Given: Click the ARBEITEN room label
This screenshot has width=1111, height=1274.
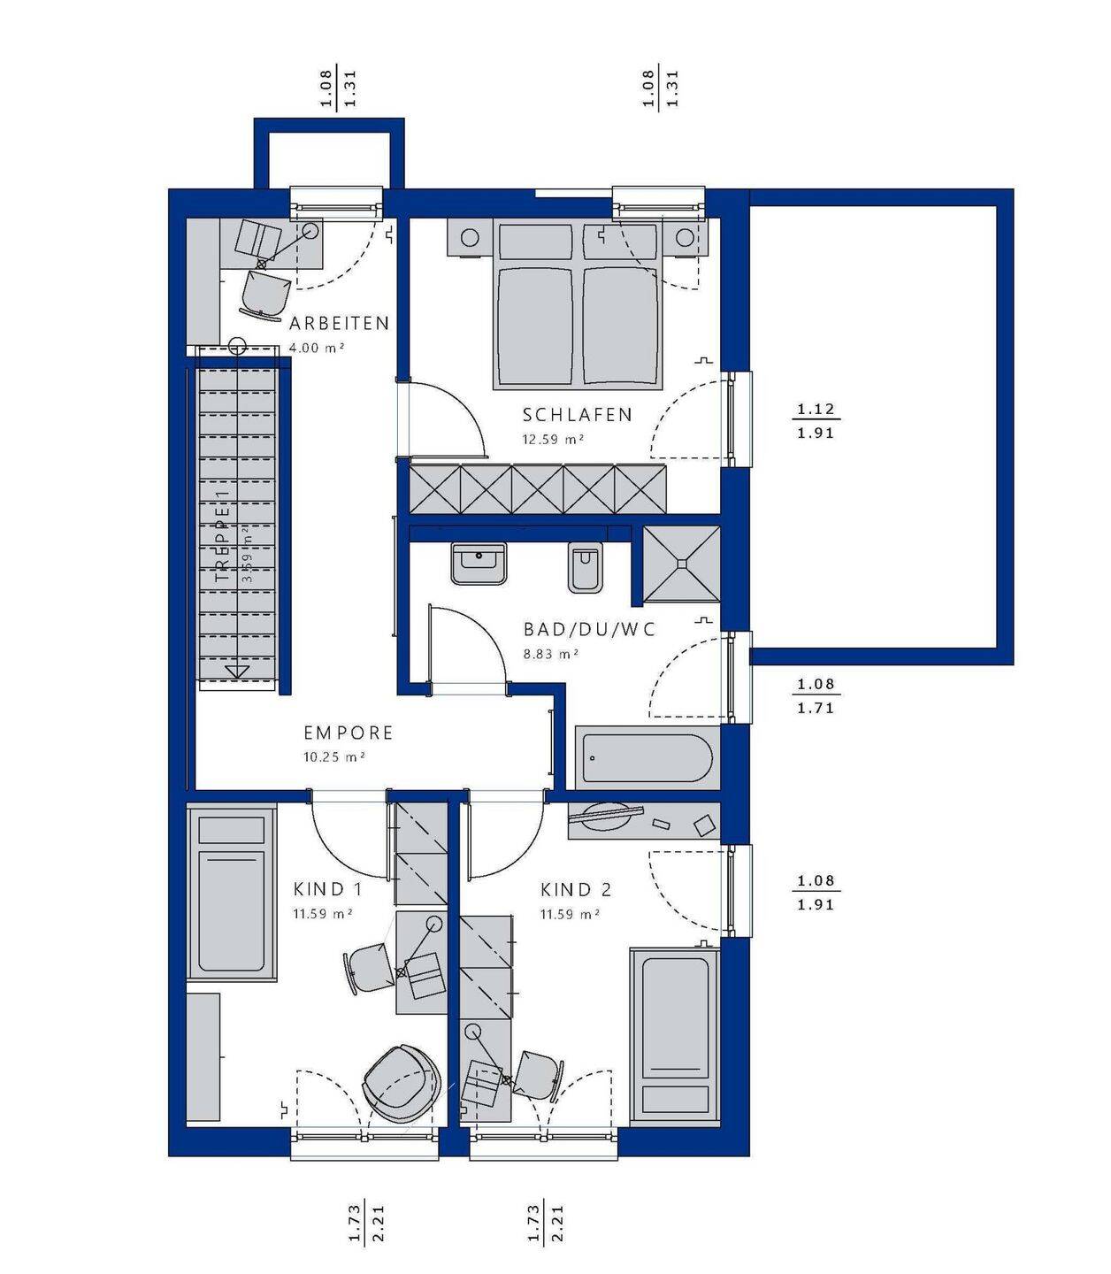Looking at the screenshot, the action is pos(339,323).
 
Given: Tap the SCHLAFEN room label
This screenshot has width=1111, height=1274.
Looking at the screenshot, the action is pos(577,415).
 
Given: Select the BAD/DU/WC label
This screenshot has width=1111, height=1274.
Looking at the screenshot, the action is pos(589,630).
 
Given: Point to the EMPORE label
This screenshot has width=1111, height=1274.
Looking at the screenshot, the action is pos(349,733).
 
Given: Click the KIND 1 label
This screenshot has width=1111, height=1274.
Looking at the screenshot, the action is pos(327,889).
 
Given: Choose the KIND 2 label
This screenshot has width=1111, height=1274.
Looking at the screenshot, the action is pos(576,890).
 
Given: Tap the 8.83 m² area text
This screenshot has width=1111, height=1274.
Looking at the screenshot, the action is pos(551,655).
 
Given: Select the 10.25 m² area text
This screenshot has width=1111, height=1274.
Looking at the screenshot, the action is pos(333,757).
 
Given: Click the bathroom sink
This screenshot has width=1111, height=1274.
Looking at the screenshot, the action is pos(479,564).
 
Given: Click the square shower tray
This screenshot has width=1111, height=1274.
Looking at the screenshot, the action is pos(681,564).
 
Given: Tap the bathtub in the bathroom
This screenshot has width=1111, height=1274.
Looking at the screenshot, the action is pos(647,757).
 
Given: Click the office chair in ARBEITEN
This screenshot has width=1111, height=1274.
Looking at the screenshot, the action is pos(265,295).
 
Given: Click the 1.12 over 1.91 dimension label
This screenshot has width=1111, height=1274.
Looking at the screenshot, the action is pos(816,421).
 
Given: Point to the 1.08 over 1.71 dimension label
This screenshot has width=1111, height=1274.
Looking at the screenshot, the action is pos(816,696).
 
